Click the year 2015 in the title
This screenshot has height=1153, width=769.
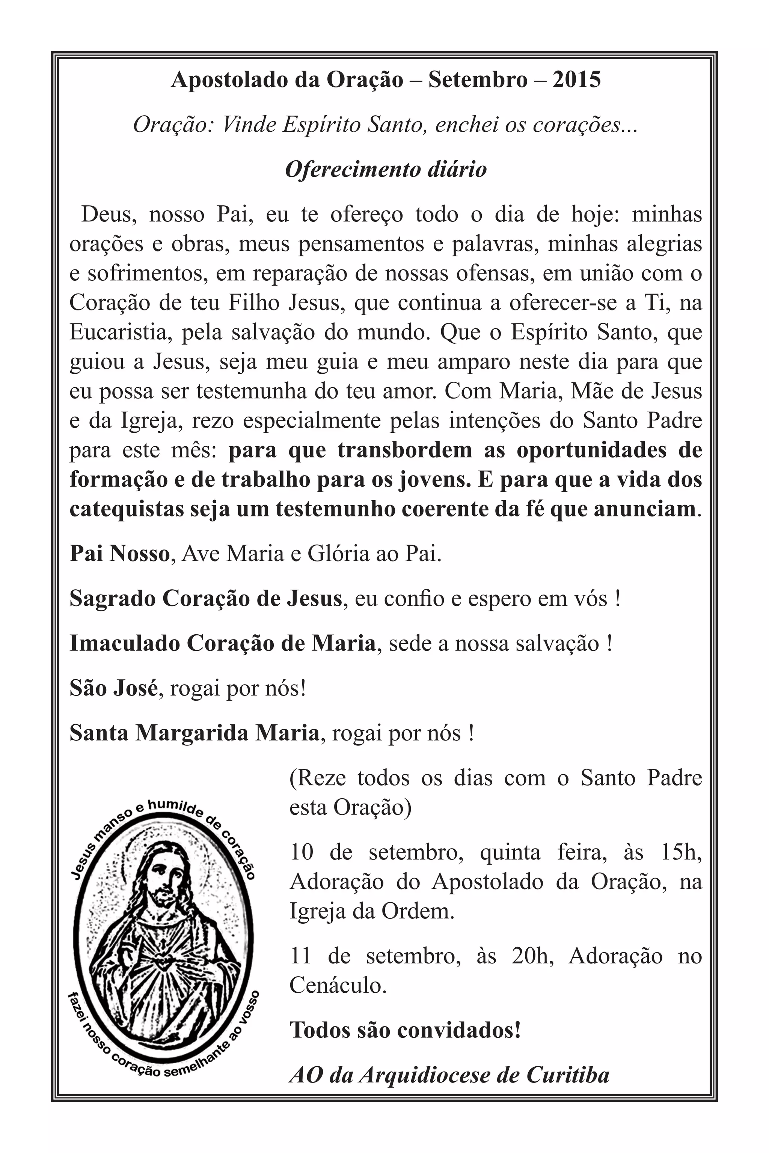tap(576, 80)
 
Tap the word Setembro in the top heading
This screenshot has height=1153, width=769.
tap(477, 80)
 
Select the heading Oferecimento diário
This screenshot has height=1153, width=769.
tap(386, 170)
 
